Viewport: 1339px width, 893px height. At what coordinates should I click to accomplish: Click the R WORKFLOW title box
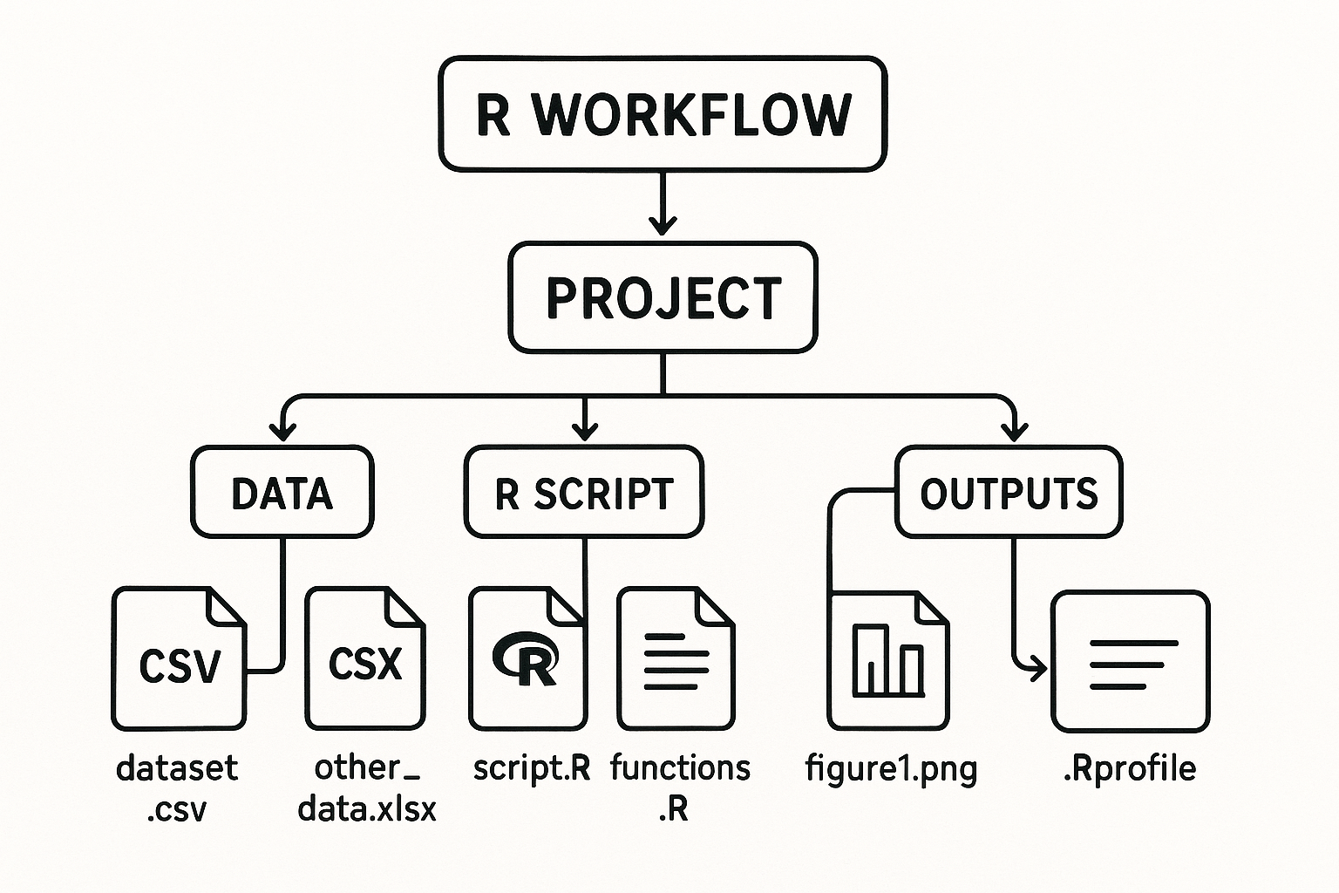663,114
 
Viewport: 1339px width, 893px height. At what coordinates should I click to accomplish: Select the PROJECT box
663,298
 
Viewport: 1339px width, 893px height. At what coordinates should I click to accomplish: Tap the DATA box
282,493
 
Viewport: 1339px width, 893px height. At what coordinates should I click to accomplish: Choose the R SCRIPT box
583,493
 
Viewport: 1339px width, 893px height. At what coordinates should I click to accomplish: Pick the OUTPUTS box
1009,493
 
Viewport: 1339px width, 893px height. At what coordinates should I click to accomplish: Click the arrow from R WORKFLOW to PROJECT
663,204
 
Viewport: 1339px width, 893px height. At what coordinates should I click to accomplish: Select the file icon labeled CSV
180,659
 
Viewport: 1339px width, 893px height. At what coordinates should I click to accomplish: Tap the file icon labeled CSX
365,659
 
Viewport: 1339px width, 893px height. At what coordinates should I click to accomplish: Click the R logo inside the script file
526,659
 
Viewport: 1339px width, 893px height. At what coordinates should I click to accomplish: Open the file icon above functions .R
676,659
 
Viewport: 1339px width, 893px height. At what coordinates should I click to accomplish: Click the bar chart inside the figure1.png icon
887,659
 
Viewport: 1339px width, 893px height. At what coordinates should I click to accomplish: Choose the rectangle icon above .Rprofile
1131,661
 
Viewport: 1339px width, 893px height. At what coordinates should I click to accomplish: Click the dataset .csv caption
177,788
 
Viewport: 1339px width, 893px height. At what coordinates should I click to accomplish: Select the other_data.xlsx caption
366,788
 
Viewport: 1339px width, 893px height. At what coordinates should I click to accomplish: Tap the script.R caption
532,768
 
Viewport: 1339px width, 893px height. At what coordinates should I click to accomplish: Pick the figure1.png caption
891,769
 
